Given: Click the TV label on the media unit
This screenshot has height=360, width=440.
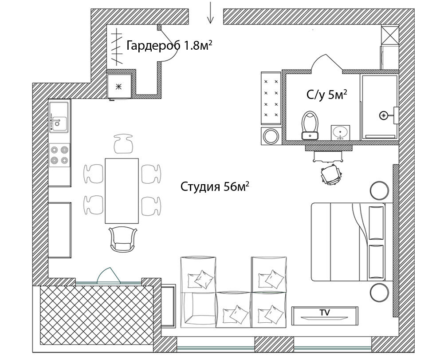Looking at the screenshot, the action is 325,312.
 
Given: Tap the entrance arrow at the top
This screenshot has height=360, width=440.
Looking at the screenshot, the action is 210,12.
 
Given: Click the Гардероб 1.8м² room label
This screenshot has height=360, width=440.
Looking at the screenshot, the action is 169,45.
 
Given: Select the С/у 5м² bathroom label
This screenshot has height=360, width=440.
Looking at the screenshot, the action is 327,95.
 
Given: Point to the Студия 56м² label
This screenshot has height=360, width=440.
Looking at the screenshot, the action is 215,186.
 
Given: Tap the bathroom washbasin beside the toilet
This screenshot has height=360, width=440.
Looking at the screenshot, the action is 340,133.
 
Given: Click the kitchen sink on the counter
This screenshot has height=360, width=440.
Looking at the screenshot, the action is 59,117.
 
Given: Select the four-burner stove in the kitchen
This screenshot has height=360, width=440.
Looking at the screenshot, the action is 59,155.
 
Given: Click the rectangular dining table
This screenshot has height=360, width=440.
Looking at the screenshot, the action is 122,191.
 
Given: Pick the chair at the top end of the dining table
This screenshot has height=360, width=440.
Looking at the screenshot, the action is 123,143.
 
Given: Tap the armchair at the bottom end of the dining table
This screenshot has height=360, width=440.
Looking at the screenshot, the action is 123,240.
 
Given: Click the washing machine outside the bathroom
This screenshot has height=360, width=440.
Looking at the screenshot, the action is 271,136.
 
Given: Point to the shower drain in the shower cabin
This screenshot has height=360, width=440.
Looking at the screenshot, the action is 383,115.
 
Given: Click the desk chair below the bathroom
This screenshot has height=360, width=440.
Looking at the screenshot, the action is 331,174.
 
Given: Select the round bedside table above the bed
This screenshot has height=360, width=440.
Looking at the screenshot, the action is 379,190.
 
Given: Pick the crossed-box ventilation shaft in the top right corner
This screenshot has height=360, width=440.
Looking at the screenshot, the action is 390,35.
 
